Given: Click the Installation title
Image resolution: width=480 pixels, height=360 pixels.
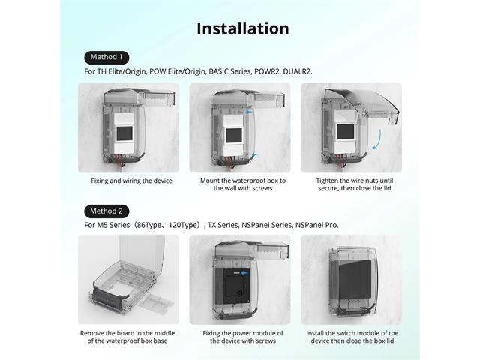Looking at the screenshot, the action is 243,28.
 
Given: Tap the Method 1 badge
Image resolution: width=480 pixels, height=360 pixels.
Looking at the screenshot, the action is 106,58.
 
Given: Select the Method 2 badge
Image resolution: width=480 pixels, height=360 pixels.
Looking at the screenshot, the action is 106,211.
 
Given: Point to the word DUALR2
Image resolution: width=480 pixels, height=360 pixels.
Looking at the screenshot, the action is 298,71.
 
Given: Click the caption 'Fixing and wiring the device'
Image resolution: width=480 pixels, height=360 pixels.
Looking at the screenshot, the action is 132,181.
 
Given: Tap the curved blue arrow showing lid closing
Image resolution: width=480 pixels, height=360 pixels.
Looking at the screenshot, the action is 377,139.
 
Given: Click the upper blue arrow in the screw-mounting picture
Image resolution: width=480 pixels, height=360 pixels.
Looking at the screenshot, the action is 249,112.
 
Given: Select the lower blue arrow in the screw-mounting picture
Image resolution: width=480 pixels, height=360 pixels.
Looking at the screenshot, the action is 255,154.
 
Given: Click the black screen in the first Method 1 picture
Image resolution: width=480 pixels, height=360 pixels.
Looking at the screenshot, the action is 124,133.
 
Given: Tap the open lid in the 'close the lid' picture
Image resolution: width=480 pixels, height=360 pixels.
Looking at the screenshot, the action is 361,104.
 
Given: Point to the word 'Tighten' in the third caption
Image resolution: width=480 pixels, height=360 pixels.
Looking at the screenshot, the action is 327,181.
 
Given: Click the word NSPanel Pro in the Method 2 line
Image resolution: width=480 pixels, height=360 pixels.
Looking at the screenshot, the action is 316,225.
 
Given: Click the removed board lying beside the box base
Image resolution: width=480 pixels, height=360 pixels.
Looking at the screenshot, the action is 156,303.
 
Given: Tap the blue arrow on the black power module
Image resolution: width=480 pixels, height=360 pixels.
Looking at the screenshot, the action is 244,273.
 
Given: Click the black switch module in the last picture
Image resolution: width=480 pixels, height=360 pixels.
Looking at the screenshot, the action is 355,280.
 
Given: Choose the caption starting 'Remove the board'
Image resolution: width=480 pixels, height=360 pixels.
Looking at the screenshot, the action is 127,337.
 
